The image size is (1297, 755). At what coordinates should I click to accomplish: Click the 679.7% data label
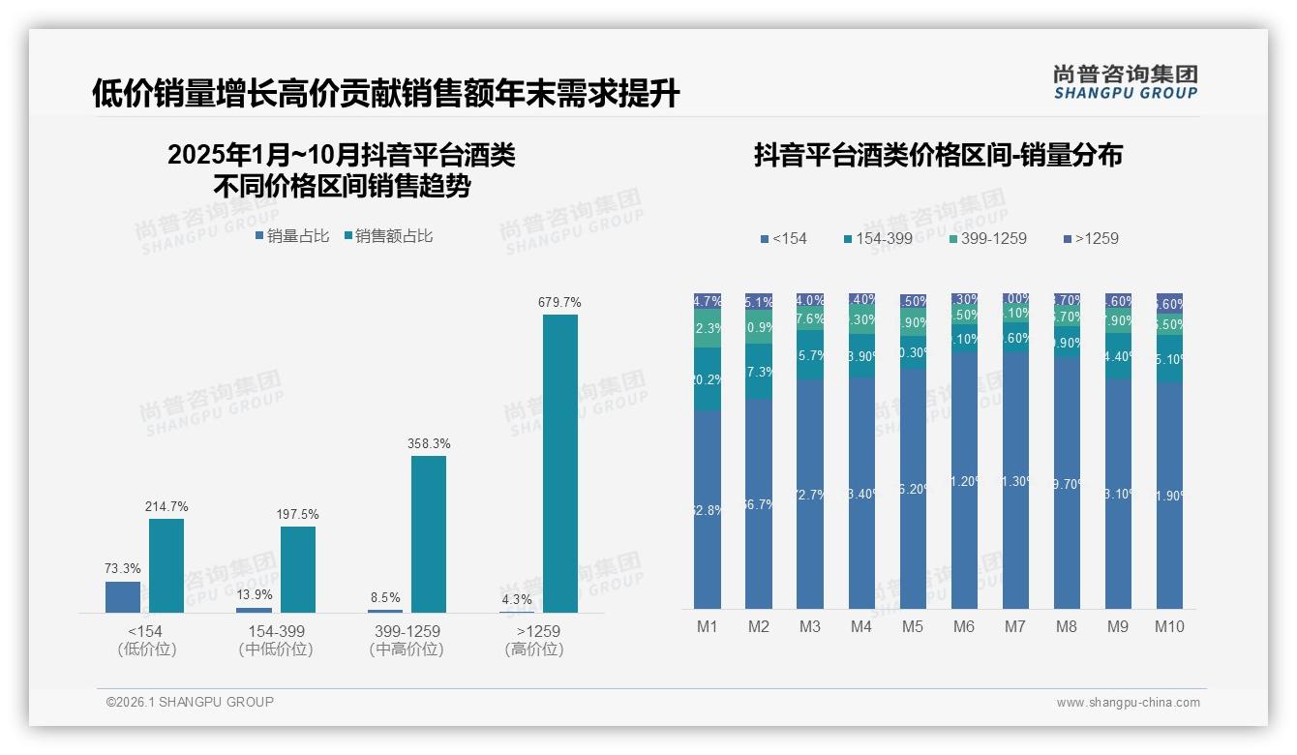coord(559,303)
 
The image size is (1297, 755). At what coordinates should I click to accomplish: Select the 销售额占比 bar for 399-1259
coord(429,533)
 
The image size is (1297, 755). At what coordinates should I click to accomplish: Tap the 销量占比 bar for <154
coord(123,596)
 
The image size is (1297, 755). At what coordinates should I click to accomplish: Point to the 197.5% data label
coord(297,514)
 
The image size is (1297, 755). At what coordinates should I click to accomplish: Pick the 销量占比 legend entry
coord(292,236)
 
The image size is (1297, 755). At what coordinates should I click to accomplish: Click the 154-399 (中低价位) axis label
coord(276,640)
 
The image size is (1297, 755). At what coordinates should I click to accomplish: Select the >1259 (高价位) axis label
coord(533,640)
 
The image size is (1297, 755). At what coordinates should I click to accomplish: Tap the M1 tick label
coord(708,626)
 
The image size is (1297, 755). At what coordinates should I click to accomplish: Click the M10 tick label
coord(1169,626)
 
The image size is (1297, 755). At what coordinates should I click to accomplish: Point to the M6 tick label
coord(963,626)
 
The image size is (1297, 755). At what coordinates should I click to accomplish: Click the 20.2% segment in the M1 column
coord(708,378)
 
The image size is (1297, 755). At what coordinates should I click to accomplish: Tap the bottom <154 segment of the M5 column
coord(913,488)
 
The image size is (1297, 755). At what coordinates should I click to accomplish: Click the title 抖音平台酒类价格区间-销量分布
coord(937,156)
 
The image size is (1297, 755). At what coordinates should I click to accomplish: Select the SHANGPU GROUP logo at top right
coord(1125,82)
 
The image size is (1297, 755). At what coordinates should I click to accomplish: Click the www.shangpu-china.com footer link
coord(1128,703)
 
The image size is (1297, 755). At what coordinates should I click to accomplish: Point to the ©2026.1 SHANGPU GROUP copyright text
coord(190,702)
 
